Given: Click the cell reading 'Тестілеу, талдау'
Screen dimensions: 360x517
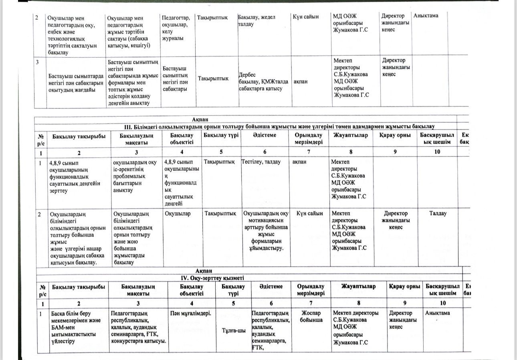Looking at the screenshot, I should tap(261, 162).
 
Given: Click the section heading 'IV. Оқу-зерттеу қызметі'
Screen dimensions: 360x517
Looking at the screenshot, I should tap(212, 278).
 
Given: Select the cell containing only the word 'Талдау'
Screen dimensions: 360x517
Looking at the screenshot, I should tap(438, 214).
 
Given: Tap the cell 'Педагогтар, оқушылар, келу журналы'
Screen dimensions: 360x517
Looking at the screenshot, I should tap(176, 28).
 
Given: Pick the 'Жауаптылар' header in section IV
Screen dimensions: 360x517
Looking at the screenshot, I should tap(358, 287).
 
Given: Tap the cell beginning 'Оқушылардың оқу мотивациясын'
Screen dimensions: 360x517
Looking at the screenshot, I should tap(266, 231).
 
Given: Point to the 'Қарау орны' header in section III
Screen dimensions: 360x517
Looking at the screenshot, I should tap(395, 136).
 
